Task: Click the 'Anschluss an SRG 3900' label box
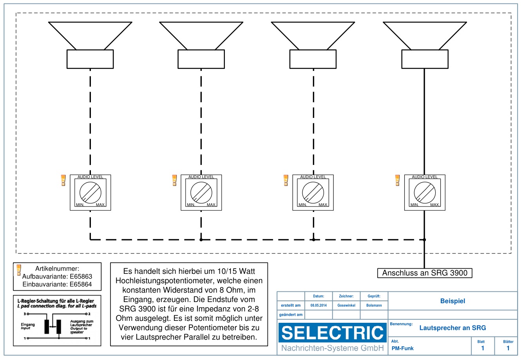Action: (x=425, y=273)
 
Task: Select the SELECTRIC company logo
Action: (x=332, y=333)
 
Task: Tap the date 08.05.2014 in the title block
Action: (x=319, y=305)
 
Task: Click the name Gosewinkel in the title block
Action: (x=346, y=305)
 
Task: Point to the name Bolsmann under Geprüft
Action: (x=374, y=305)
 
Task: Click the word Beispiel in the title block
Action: (x=452, y=301)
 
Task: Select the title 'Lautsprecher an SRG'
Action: (x=452, y=328)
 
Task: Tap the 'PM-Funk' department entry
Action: (x=402, y=348)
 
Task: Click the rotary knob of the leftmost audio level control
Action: (x=90, y=192)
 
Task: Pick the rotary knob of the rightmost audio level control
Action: (x=425, y=192)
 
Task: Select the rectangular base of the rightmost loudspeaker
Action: (x=425, y=59)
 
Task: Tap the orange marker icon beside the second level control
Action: (x=175, y=180)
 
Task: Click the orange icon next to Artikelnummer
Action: (x=18, y=270)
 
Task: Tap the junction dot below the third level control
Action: (x=313, y=239)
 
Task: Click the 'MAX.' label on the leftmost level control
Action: (x=100, y=205)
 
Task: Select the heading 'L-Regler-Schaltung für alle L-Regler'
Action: (x=56, y=301)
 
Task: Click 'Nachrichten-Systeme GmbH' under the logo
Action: (x=332, y=348)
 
